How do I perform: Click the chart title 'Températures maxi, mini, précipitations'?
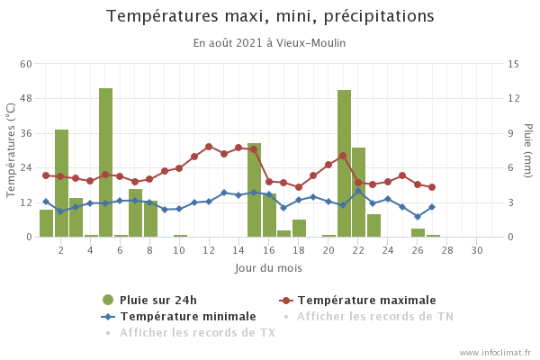270,16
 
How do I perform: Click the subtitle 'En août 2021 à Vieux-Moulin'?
270,43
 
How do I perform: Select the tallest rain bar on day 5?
106,162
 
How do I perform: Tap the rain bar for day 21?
344,163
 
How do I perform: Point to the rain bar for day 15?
255,190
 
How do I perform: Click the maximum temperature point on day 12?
209,147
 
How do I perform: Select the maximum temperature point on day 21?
343,156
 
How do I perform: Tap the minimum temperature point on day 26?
418,216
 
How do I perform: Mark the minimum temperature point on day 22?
358,191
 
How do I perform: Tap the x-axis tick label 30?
477,249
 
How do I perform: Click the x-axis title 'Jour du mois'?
268,268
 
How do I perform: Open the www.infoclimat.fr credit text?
494,353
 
